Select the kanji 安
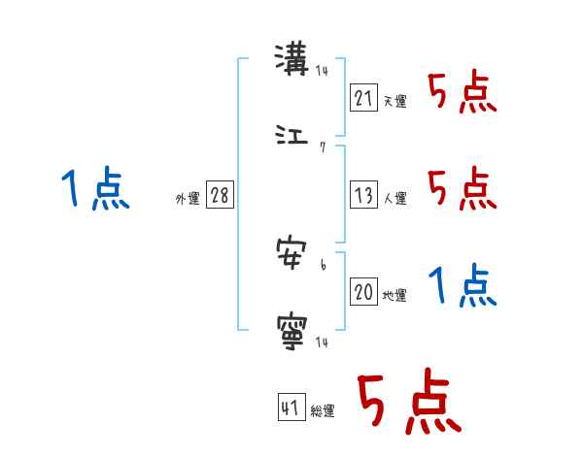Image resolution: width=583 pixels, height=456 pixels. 292,255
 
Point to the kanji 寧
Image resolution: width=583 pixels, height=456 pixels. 292,330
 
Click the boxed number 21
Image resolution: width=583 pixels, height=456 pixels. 363,98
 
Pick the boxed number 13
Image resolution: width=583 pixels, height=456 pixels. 363,194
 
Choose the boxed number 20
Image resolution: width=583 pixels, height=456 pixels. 363,293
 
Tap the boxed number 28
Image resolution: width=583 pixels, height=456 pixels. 220,195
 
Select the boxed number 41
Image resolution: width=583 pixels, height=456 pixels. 291,407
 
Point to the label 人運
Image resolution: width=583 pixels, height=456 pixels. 394,198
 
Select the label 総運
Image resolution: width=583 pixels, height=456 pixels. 323,411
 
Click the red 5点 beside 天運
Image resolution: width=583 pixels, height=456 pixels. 462,94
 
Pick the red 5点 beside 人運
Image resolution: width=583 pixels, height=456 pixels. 462,189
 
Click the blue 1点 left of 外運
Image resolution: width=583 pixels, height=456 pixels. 94,189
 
